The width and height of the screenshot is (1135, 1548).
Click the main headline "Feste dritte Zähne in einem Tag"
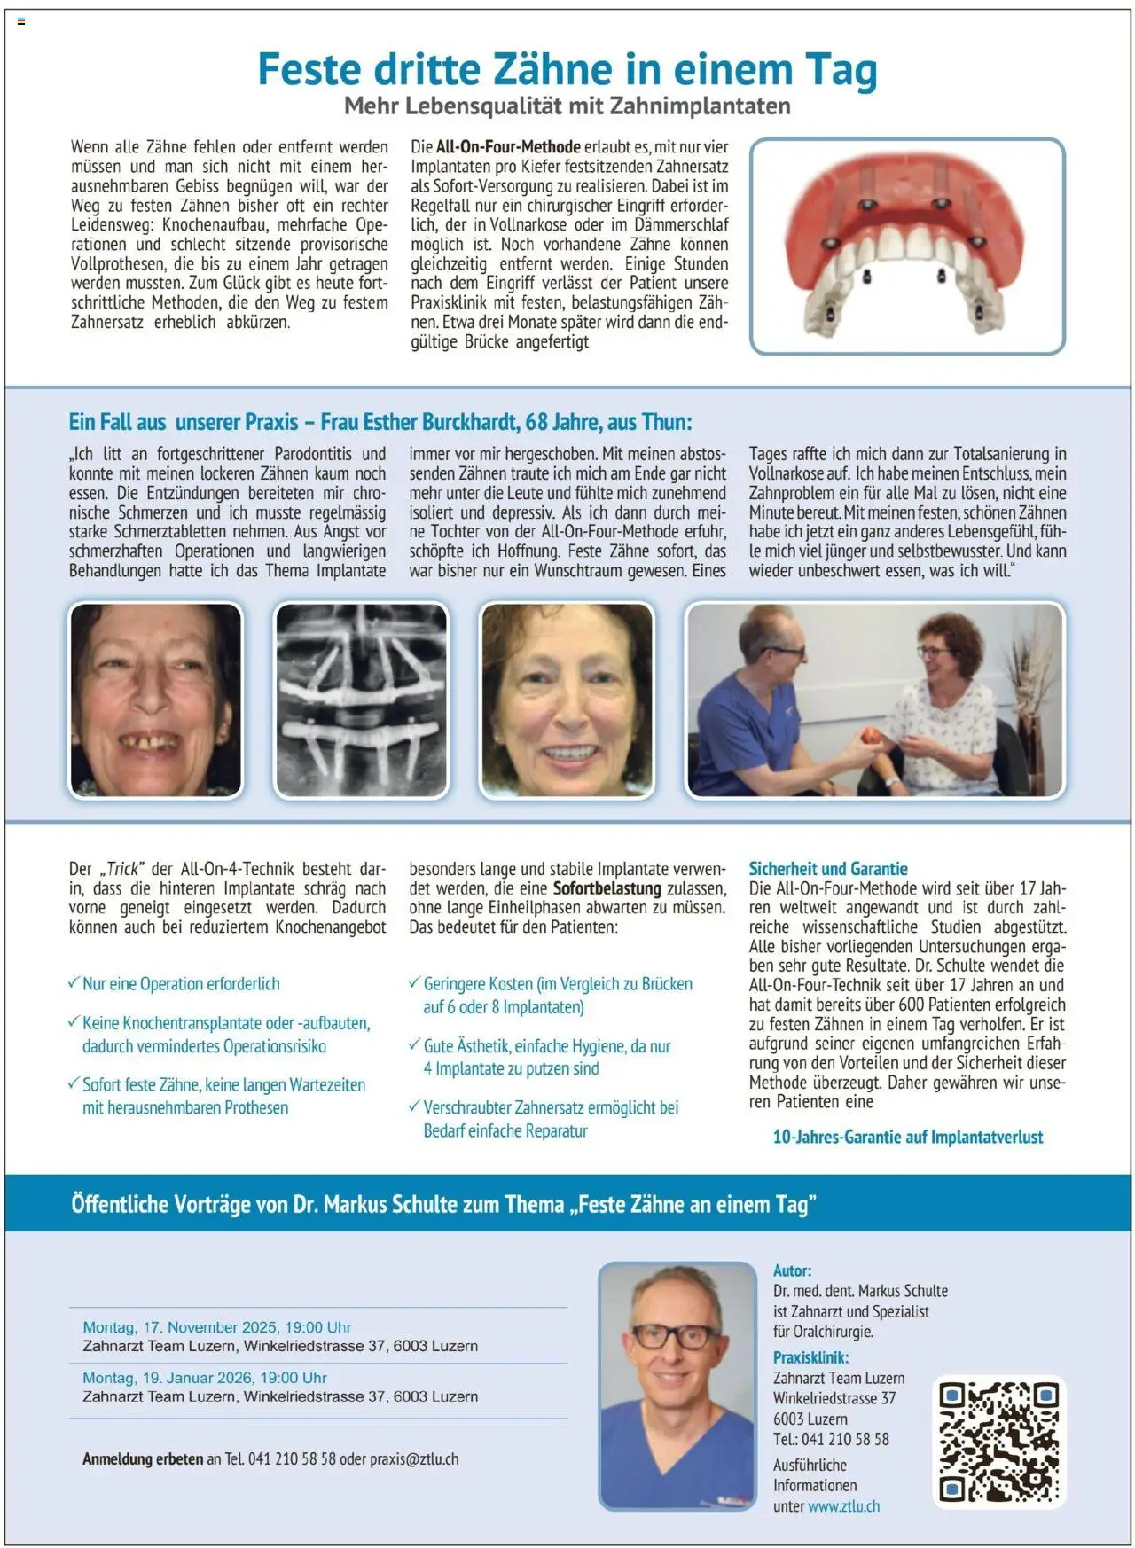567,69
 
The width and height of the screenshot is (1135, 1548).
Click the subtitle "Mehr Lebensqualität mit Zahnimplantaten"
567,106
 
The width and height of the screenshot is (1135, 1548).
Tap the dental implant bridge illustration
906,246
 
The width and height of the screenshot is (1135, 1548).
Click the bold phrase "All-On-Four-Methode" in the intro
508,147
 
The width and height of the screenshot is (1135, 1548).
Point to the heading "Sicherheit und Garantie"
828,869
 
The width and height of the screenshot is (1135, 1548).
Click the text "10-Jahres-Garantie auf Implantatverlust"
908,1137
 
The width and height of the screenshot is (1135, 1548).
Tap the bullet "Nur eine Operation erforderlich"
181,983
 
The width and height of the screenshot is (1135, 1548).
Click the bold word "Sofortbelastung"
607,888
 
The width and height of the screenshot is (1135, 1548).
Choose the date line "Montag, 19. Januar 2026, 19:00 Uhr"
205,1378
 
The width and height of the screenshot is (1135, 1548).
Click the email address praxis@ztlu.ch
414,1458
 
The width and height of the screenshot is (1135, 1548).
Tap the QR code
998,1441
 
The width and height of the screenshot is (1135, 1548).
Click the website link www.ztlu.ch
843,1505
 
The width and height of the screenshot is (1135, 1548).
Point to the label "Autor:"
792,1270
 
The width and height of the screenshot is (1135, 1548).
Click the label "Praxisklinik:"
810,1357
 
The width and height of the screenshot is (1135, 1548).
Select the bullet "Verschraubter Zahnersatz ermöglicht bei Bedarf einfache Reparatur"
550,1119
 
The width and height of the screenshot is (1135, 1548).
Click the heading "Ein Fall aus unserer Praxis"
184,422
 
